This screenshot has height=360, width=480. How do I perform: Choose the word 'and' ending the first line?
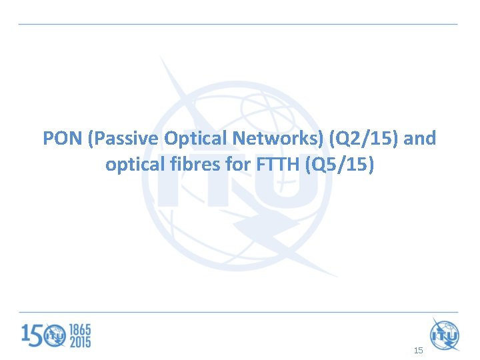[x=420, y=139]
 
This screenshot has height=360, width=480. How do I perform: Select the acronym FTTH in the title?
[x=277, y=164]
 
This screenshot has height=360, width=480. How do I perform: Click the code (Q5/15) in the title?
[x=339, y=164]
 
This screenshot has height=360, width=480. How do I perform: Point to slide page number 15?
[x=418, y=349]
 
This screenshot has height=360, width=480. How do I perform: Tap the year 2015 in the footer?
[x=79, y=342]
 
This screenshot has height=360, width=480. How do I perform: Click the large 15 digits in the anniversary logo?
[x=33, y=335]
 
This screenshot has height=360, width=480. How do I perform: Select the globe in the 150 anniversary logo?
[x=56, y=335]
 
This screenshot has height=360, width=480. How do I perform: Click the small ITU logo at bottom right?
[x=445, y=334]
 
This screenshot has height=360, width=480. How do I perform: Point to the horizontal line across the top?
[x=238, y=24]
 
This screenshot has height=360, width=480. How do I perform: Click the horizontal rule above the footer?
[x=238, y=312]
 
